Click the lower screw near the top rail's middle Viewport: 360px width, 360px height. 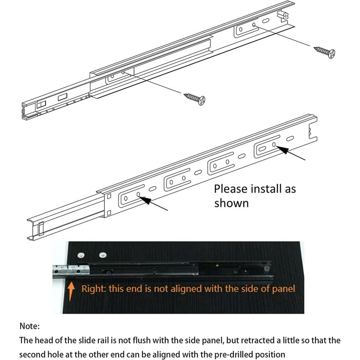[x=195, y=98]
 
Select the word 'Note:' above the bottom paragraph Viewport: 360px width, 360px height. [x=30, y=325]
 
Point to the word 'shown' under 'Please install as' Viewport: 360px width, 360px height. [x=231, y=203]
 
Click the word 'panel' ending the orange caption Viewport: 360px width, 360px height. [x=283, y=288]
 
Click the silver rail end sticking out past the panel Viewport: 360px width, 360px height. [x=70, y=270]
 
